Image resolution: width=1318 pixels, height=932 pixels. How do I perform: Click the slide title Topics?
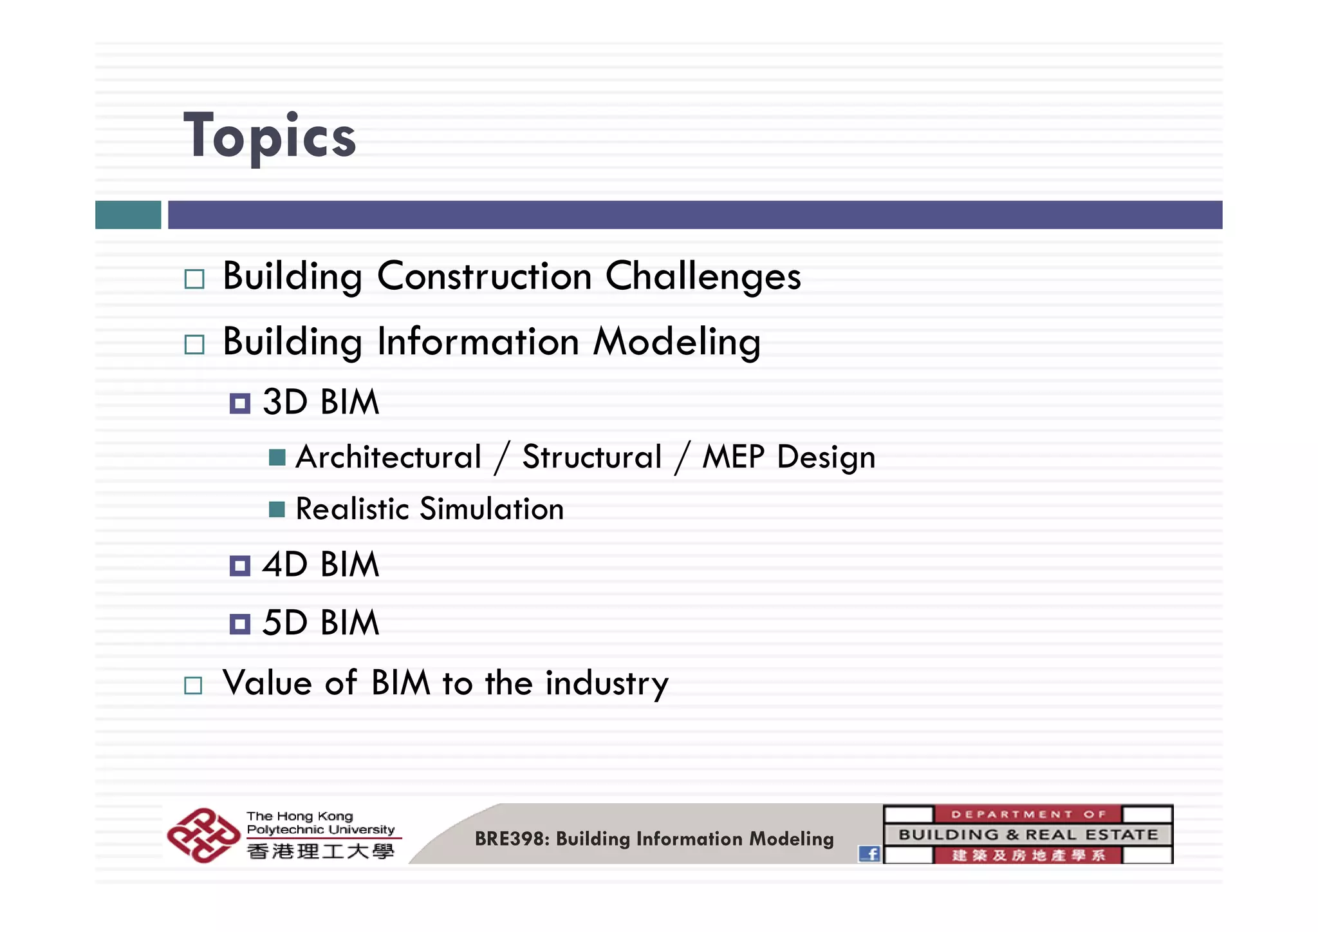(x=269, y=136)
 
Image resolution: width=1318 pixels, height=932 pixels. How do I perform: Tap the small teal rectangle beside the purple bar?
(x=128, y=214)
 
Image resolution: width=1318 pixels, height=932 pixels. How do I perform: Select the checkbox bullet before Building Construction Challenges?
(x=194, y=280)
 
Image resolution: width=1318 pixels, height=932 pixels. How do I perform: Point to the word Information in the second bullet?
(x=478, y=341)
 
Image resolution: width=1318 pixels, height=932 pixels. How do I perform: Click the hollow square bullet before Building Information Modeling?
(x=194, y=345)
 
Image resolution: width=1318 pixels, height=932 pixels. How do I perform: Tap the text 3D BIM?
(x=320, y=402)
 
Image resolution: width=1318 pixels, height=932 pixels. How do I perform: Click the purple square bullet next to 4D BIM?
(x=240, y=566)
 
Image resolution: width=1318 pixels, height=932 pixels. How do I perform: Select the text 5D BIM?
(x=320, y=623)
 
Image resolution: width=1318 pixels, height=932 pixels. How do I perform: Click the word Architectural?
(x=388, y=457)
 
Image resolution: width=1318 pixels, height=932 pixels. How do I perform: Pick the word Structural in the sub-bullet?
(x=591, y=457)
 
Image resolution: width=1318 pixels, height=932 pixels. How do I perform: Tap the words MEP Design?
(x=788, y=457)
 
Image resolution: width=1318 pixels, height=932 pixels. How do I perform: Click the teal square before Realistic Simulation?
(x=277, y=509)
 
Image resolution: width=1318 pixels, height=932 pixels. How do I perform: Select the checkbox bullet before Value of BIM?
(x=193, y=685)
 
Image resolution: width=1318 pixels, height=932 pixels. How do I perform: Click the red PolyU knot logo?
(x=203, y=835)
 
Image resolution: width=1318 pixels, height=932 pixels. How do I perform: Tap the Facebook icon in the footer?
(x=869, y=853)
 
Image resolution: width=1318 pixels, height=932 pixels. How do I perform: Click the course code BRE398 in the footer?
(x=512, y=839)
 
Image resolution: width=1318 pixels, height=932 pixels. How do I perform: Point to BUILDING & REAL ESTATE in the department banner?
(x=1028, y=835)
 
